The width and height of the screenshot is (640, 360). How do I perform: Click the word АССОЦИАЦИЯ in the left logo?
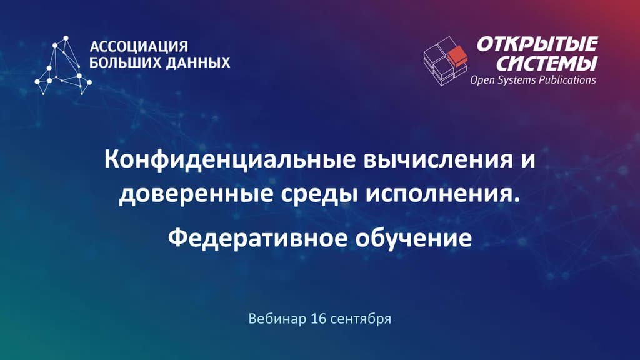139,47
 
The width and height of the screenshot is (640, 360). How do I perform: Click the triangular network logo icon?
63,65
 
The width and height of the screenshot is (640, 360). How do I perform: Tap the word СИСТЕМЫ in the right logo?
542,62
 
